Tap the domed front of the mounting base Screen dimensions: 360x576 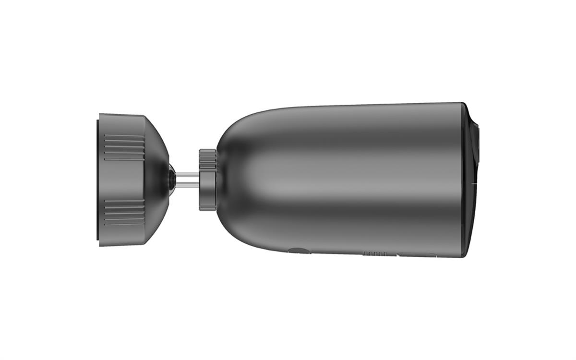click(x=156, y=179)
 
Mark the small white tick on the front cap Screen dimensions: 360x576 click(x=475, y=183)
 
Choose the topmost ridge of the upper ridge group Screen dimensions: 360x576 click(x=124, y=136)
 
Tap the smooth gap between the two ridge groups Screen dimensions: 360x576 click(x=124, y=179)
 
